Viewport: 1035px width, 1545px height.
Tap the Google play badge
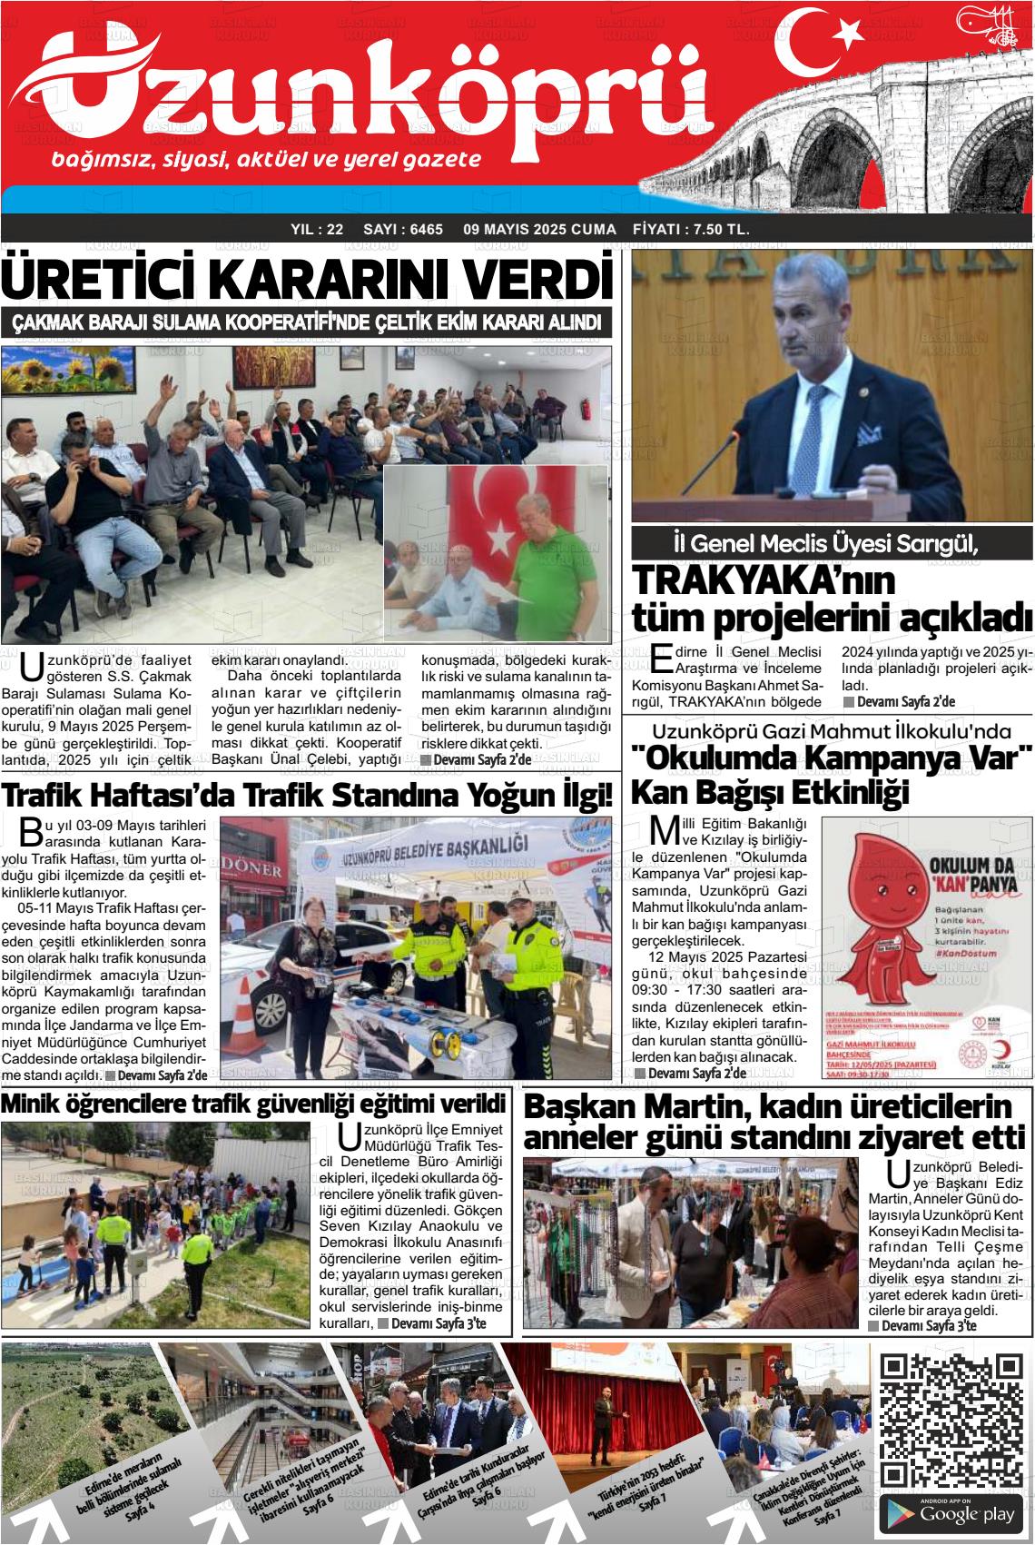tap(951, 1512)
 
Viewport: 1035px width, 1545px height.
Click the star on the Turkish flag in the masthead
tap(848, 34)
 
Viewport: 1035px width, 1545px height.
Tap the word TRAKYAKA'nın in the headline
tap(762, 581)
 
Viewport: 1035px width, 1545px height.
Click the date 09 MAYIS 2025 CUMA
tap(538, 230)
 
